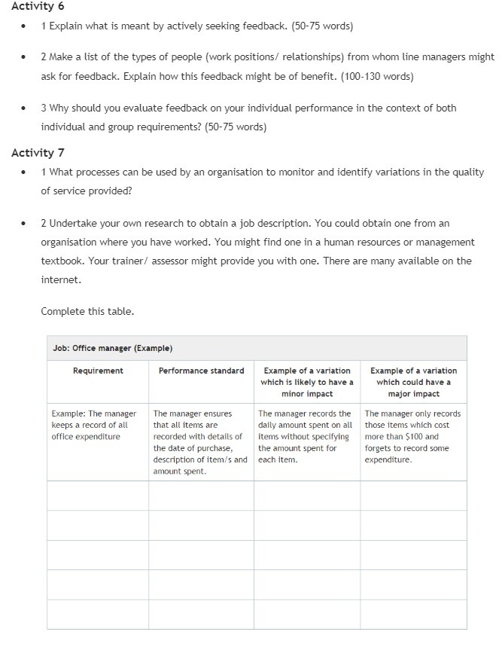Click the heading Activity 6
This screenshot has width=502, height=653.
32,7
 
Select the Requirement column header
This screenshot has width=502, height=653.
98,371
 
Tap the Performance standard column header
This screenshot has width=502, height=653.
201,371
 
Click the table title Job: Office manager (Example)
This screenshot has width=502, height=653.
113,348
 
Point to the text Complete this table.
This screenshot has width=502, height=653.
87,311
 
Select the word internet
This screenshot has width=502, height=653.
59,279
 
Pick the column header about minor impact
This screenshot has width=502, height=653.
306,382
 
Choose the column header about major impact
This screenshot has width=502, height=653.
413,382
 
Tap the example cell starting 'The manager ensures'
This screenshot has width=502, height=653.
200,442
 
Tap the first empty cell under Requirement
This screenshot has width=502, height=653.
98,496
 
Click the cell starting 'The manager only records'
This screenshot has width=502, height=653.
413,436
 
